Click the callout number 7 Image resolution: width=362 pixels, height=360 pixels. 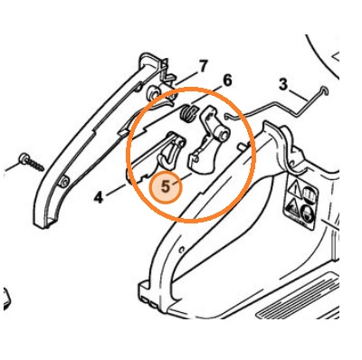[204, 66]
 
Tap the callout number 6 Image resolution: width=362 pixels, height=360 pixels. [227, 81]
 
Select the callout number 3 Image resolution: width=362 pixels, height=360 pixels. [283, 84]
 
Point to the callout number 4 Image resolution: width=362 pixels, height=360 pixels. [99, 197]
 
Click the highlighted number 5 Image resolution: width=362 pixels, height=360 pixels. [166, 187]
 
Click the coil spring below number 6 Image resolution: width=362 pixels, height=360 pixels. [187, 113]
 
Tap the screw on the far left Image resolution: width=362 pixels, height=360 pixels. [32, 163]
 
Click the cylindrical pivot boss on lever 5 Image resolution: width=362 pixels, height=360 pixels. [223, 134]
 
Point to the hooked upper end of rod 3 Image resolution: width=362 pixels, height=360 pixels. [325, 90]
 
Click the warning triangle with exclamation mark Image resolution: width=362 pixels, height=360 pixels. [294, 190]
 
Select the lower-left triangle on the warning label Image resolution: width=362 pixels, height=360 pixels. [291, 208]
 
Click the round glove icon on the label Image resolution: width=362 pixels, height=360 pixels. [306, 213]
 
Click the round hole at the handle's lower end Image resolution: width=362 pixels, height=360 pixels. [64, 182]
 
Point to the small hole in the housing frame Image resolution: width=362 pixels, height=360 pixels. [182, 250]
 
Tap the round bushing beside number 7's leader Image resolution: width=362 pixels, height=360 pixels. [153, 91]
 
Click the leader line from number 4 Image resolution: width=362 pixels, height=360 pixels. [117, 190]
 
